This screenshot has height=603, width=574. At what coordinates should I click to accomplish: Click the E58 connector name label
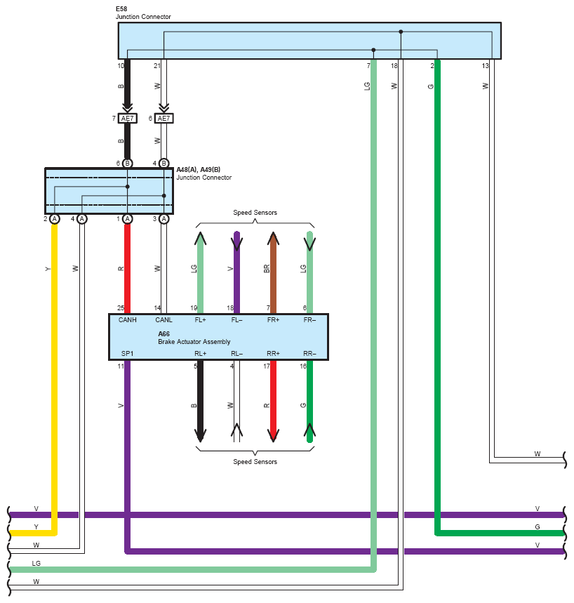(x=121, y=9)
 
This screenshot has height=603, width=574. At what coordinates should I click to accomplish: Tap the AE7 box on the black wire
(x=127, y=119)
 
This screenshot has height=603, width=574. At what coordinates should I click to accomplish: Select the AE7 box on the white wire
(x=163, y=119)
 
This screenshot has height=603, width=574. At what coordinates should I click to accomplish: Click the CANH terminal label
(x=127, y=320)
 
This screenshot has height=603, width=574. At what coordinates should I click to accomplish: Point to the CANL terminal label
(x=163, y=320)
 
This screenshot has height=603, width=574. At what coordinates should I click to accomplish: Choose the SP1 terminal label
(x=127, y=353)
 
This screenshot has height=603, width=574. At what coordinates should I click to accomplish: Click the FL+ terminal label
(x=200, y=320)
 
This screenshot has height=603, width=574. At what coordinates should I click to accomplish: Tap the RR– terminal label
(x=309, y=353)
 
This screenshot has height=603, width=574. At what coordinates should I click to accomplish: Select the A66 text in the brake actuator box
(x=163, y=334)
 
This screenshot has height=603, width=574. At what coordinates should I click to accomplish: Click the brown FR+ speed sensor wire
(x=273, y=273)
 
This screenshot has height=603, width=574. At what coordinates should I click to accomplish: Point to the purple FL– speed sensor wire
(x=237, y=273)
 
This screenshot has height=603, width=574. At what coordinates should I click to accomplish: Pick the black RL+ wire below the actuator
(x=200, y=401)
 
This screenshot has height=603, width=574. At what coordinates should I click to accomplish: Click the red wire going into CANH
(x=127, y=269)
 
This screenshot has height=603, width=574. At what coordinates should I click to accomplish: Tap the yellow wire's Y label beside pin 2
(x=48, y=269)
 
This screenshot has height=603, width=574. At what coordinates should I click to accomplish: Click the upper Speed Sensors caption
(x=255, y=213)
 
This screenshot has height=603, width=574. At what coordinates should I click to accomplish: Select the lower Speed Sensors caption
(x=255, y=462)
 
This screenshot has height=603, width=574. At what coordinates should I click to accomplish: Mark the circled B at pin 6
(x=127, y=164)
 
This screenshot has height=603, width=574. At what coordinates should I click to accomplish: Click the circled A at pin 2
(x=55, y=219)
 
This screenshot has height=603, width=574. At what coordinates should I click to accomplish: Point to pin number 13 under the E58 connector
(x=485, y=66)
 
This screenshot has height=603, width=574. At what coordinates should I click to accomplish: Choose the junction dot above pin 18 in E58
(x=401, y=32)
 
